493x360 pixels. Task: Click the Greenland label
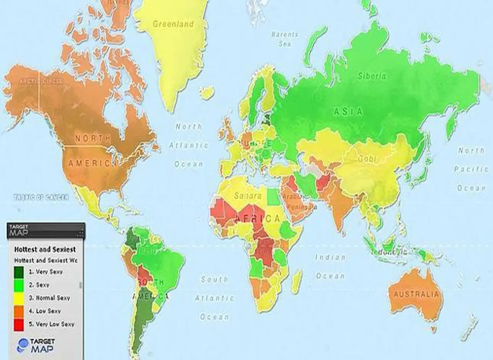click(173, 24)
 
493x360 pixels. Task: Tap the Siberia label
click(372, 76)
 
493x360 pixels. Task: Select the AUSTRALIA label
click(416, 295)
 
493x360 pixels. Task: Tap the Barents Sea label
click(285, 39)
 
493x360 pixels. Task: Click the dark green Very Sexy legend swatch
click(19, 272)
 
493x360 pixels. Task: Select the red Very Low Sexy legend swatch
click(19, 324)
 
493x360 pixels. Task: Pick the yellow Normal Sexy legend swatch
click(19, 298)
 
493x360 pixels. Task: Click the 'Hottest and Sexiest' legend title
click(45, 249)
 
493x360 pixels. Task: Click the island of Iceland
click(207, 93)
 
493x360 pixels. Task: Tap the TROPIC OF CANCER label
click(41, 197)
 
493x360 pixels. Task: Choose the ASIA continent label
click(348, 112)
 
